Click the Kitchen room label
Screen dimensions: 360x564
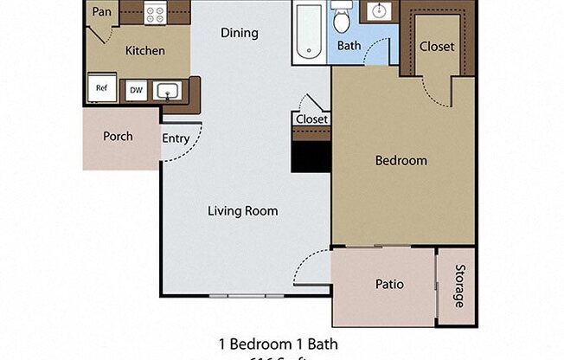(144, 50)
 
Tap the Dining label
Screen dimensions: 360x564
(239, 33)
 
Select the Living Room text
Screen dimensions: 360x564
(242, 210)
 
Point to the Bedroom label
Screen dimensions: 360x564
(401, 160)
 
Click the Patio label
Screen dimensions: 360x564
(389, 284)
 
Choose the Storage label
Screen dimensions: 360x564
(458, 286)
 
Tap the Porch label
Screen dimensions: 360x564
(118, 136)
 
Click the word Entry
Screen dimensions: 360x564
(176, 138)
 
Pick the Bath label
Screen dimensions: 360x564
(349, 45)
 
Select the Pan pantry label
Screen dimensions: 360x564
(100, 12)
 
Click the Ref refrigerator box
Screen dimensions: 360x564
(101, 88)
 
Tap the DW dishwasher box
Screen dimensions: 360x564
(136, 89)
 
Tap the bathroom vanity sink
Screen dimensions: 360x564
(379, 11)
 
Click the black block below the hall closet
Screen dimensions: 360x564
(311, 157)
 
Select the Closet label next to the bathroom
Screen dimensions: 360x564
(436, 46)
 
